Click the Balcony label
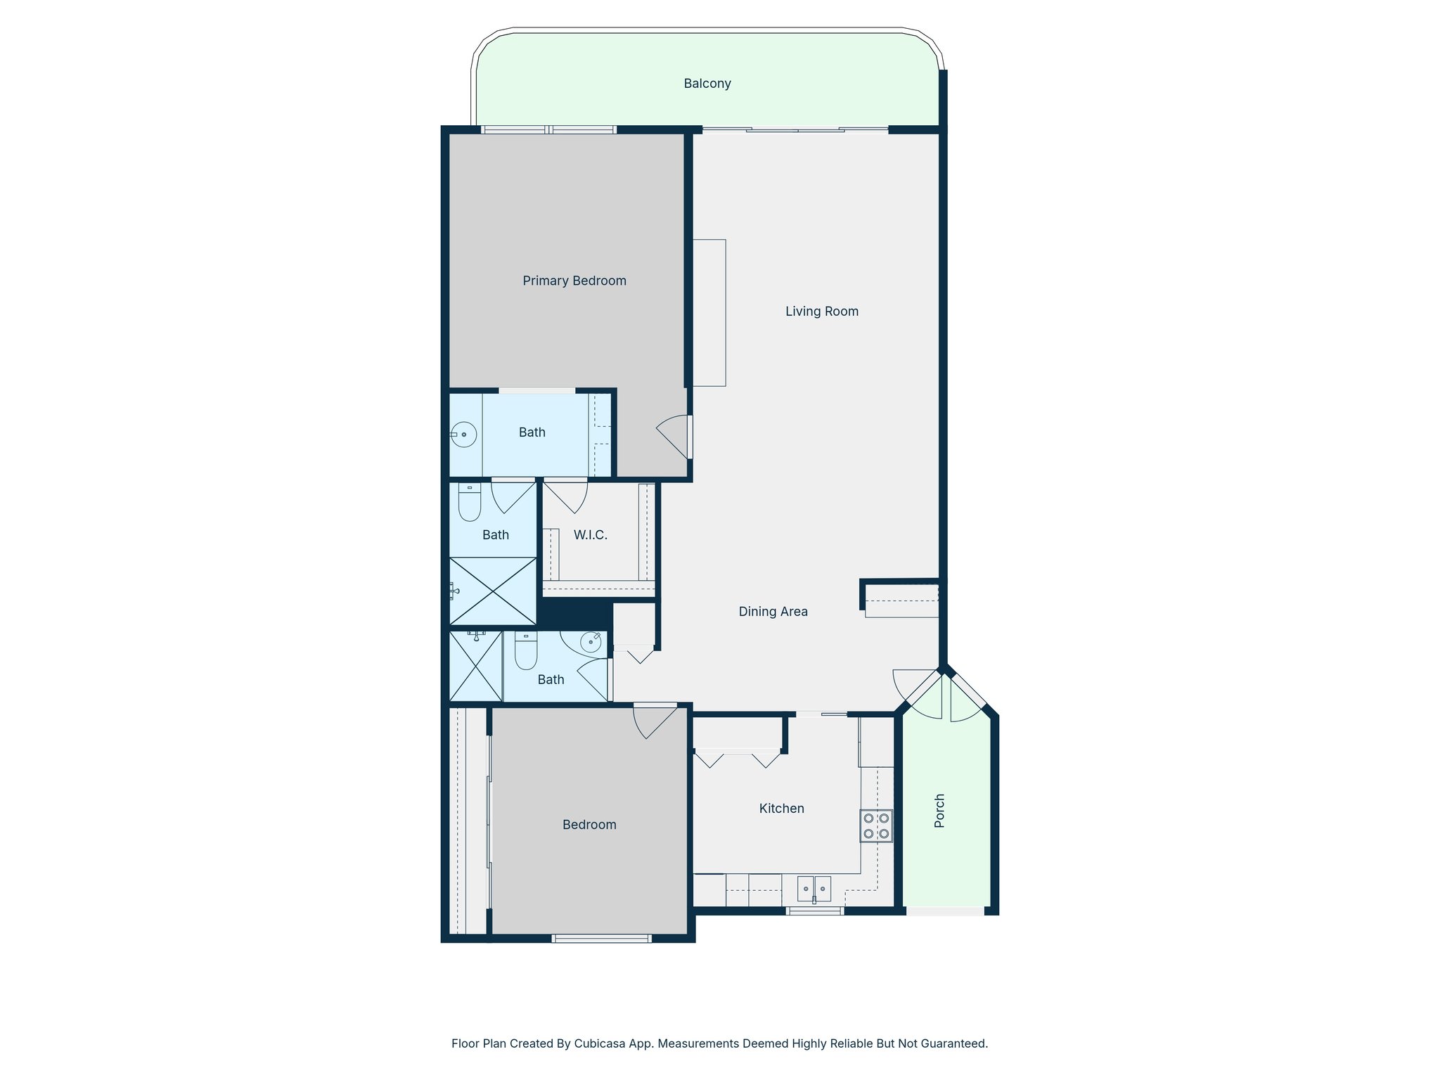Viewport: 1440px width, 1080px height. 707,84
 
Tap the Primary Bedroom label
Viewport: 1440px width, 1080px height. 574,281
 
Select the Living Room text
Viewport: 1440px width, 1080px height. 822,311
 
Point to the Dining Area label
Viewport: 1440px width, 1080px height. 773,612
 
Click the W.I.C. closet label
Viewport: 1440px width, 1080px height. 590,535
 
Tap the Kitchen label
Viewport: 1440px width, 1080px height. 781,809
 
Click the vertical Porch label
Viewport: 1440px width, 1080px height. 939,811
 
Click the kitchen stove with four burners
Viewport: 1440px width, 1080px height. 876,826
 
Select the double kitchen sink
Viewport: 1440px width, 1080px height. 814,889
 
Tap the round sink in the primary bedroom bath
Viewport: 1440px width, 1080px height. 464,435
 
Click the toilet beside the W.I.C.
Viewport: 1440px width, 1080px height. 470,502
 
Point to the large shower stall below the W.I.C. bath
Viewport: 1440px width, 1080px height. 493,591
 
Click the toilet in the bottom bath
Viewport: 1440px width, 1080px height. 526,650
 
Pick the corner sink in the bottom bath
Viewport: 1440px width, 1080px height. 590,642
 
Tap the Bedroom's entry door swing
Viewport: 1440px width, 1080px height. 654,721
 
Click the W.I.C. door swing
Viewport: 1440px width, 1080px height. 567,496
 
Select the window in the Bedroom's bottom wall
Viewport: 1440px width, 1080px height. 601,938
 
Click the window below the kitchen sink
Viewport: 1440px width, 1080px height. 814,911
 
